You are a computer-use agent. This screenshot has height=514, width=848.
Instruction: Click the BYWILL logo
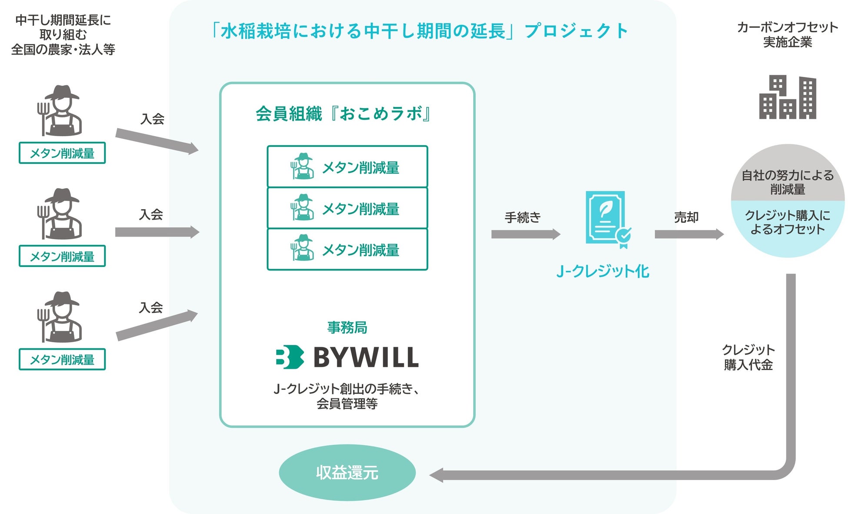point(347,357)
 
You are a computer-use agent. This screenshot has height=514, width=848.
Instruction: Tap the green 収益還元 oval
point(347,472)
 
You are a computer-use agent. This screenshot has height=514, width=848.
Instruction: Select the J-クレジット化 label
point(603,271)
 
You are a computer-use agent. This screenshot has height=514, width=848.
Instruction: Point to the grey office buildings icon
point(788,97)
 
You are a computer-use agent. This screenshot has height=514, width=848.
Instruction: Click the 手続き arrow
point(525,234)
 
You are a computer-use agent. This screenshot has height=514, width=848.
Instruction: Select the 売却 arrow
point(689,234)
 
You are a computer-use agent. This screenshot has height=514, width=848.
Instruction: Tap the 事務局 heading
point(347,327)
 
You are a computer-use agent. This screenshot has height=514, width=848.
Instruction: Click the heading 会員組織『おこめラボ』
point(344,114)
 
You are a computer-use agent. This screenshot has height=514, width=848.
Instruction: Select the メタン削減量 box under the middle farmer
point(62,256)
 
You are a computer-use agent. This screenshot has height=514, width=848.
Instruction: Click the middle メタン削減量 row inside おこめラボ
point(347,208)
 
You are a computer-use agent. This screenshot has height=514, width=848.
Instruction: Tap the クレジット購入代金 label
point(748,357)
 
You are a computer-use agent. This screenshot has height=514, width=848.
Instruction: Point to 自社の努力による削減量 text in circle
point(787,182)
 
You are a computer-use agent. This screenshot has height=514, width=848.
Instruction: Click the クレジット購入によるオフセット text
point(787,222)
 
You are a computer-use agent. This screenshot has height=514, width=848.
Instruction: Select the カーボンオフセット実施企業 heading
point(787,35)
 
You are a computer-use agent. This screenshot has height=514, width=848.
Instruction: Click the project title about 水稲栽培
point(420,31)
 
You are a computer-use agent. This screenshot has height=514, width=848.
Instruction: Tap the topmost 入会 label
point(152,119)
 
